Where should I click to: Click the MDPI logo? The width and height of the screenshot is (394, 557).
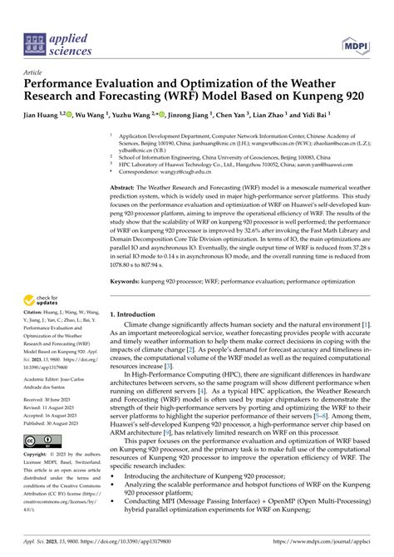click(362, 38)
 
